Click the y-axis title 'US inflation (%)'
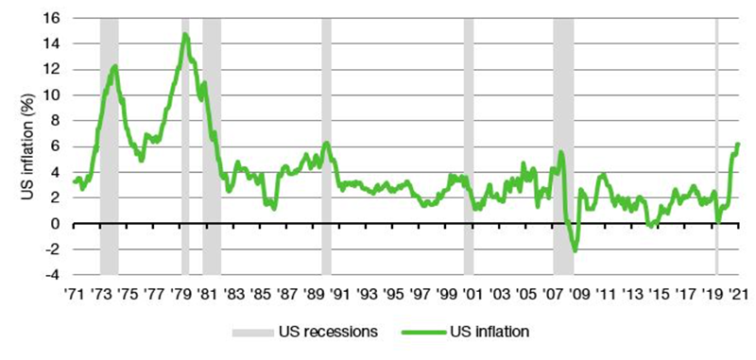(27, 142)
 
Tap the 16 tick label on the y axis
(53, 18)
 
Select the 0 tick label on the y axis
(57, 224)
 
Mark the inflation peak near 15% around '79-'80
(185, 35)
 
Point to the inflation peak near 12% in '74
(114, 66)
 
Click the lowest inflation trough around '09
(575, 250)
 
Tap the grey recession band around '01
(468, 142)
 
